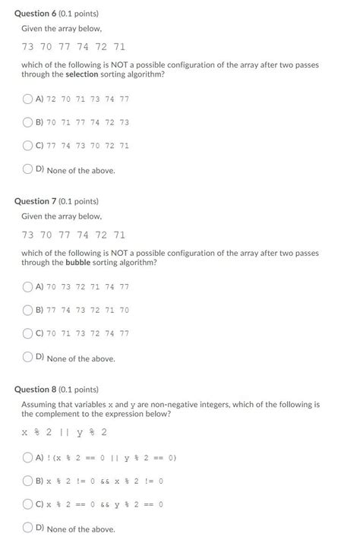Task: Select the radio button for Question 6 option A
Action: click(28, 99)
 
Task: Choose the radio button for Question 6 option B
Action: click(28, 122)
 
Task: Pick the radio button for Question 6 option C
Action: click(28, 146)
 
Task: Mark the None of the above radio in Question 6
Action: click(28, 169)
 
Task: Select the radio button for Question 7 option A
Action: click(28, 286)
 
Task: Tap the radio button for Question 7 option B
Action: click(28, 310)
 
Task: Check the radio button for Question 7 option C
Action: click(28, 333)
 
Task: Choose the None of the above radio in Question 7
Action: click(28, 357)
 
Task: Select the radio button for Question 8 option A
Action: click(28, 458)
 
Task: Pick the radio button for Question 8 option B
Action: click(28, 481)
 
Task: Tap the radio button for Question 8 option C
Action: click(28, 504)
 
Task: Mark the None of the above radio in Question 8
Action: click(28, 528)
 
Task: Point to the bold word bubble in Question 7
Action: click(77, 262)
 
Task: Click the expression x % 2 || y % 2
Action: click(64, 432)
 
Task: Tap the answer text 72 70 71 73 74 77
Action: click(87, 99)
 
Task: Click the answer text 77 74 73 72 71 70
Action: click(87, 311)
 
